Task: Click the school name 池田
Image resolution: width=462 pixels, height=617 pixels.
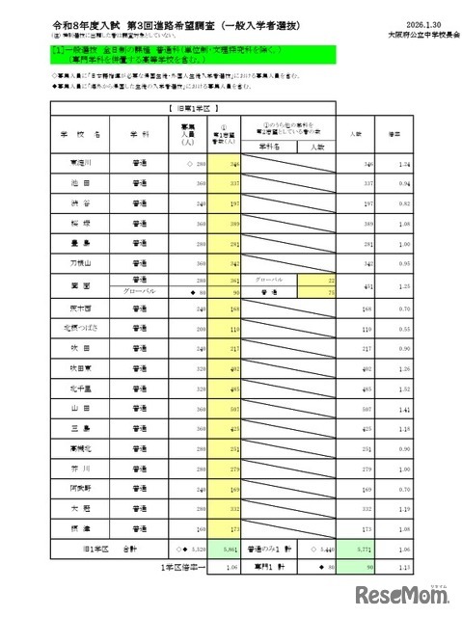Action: click(81, 179)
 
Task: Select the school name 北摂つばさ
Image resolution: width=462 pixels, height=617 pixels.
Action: click(81, 328)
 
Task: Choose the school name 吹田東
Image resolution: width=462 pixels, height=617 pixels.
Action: click(81, 368)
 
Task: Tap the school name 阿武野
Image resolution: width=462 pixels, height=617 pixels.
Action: click(81, 490)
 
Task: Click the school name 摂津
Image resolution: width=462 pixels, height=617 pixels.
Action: click(81, 530)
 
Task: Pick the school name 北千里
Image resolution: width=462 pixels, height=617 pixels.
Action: click(81, 389)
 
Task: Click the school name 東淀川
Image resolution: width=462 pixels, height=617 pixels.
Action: click(81, 165)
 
